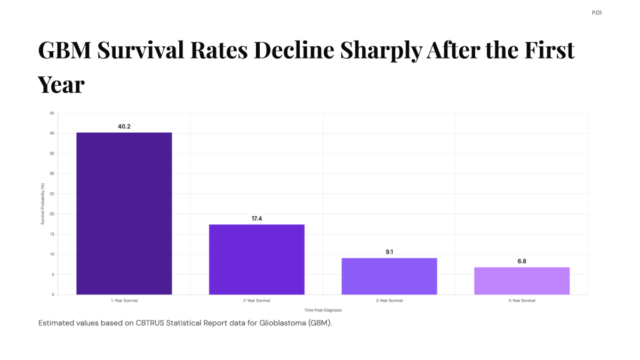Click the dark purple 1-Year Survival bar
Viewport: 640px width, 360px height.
[x=124, y=213]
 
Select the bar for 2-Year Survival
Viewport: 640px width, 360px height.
[x=257, y=259]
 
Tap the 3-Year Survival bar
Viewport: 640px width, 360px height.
[x=389, y=276]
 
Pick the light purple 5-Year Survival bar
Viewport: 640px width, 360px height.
[x=522, y=281]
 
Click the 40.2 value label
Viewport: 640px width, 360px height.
[x=124, y=126]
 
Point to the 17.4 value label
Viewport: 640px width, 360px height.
[x=257, y=219]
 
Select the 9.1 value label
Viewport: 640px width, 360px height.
[x=389, y=252]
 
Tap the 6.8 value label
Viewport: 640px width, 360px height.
[x=522, y=261]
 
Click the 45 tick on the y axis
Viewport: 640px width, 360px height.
[x=52, y=113]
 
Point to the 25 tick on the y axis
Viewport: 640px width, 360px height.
[x=52, y=194]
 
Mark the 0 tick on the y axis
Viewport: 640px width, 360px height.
[x=53, y=294]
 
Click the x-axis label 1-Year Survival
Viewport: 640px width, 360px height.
[x=124, y=301]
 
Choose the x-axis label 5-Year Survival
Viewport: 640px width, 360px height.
[x=522, y=301]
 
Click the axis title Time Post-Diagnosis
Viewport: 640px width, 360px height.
[x=323, y=310]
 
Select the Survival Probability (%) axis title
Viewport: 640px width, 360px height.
[x=43, y=204]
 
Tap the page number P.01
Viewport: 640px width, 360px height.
[x=597, y=13]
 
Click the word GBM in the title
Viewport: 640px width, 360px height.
[x=65, y=50]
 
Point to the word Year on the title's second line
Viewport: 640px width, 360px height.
[x=61, y=85]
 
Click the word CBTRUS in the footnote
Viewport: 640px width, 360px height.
[x=150, y=323]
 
